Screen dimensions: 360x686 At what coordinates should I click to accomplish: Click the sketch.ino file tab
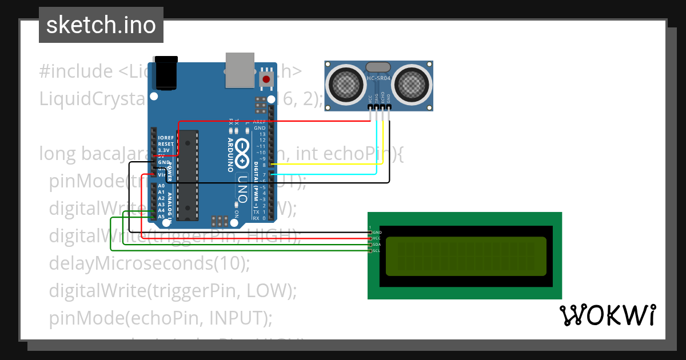[x=101, y=25]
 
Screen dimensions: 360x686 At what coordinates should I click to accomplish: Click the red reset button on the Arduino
[x=266, y=79]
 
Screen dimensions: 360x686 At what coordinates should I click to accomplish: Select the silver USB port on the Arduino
[x=239, y=70]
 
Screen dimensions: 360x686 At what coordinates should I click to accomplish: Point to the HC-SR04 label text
[x=378, y=78]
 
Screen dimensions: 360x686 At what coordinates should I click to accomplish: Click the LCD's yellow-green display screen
[x=466, y=256]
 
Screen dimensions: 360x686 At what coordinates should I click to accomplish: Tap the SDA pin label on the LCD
[x=377, y=245]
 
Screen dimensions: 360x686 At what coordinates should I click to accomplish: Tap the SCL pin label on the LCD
[x=377, y=250]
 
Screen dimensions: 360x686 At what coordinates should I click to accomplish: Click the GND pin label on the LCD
[x=377, y=233]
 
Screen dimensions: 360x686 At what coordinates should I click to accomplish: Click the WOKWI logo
[x=607, y=315]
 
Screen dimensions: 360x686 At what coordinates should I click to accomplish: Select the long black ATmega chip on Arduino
[x=187, y=175]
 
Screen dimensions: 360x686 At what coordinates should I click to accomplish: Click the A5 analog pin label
[x=161, y=217]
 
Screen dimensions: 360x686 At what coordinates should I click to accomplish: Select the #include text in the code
[x=76, y=72]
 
